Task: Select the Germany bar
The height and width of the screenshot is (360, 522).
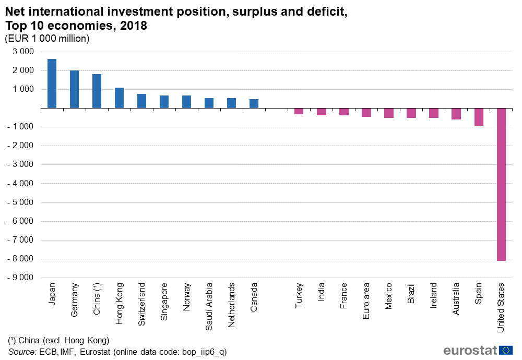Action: (74, 89)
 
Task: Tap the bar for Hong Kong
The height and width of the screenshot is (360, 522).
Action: (119, 98)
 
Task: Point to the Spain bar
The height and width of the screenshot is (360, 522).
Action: (479, 117)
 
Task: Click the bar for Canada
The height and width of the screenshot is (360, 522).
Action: (254, 103)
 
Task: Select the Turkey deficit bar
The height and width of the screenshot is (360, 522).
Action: (299, 111)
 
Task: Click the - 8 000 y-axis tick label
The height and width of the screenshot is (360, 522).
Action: (20, 259)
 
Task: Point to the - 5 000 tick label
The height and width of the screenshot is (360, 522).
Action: (20, 202)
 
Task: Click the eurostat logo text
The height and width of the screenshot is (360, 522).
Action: (470, 350)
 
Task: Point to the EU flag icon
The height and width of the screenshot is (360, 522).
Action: (506, 350)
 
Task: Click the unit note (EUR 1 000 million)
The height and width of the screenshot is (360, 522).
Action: (47, 38)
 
